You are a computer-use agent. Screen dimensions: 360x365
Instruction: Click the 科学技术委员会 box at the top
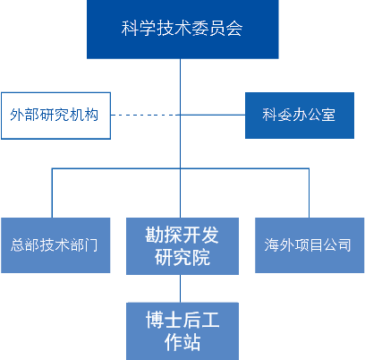tap(182, 29)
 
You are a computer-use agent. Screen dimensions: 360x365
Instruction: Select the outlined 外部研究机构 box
tap(55, 115)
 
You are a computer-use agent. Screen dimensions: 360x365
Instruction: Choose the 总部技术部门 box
tap(55, 244)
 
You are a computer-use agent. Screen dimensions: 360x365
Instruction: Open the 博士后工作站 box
tap(182, 330)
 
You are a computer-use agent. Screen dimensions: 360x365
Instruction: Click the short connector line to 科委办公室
tap(213, 115)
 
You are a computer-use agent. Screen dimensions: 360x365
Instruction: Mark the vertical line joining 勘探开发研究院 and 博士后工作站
tap(182, 287)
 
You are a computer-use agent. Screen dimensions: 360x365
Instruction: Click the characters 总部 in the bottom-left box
tap(25, 244)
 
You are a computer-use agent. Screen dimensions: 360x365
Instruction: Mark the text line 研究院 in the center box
tap(182, 258)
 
